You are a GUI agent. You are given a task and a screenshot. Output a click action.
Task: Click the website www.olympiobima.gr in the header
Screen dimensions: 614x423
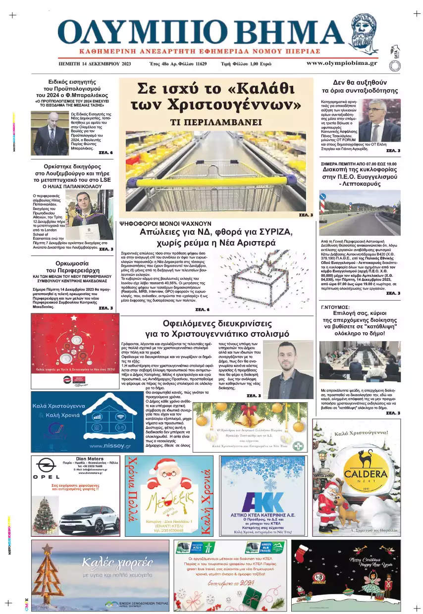pos(341,63)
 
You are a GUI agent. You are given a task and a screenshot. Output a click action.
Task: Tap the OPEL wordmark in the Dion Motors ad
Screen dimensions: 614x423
pos(46,476)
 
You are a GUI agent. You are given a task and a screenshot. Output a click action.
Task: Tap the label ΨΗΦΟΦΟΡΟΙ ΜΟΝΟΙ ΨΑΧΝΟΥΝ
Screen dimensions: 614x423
pos(165,224)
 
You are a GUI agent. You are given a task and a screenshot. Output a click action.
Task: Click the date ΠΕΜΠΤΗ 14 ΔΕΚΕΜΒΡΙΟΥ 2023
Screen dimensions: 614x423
pos(94,64)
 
